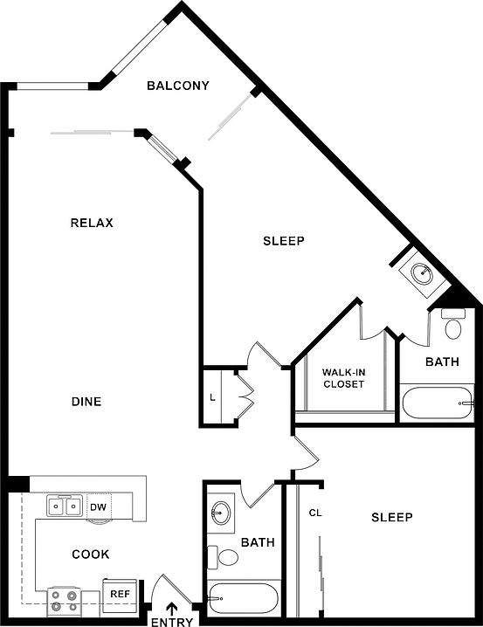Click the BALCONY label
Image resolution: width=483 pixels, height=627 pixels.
point(178,86)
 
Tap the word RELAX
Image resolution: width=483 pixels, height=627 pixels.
point(92,223)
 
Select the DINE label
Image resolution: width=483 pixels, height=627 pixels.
point(86,402)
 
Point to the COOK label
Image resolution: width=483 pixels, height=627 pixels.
point(91,555)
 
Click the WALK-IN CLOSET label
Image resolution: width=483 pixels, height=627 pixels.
point(344,378)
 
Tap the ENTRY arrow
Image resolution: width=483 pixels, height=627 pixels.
point(172,598)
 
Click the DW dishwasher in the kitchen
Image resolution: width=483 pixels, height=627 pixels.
point(99,507)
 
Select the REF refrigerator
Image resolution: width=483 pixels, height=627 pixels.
point(120,594)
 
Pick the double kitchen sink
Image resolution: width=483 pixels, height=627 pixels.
point(65,506)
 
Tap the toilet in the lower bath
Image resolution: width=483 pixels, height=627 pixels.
point(223,556)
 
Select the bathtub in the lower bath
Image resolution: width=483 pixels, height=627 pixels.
point(242,598)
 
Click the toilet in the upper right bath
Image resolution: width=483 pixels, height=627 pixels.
point(453,324)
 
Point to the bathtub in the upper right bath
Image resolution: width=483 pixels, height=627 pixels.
point(438,403)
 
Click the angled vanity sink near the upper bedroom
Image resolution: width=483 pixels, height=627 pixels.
point(422,273)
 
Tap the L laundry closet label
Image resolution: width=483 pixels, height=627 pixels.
point(213,397)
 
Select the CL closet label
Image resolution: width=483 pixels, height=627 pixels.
point(315,513)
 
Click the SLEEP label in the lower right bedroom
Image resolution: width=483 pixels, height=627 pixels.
point(392,518)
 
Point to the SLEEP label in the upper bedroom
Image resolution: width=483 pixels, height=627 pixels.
point(284,241)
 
